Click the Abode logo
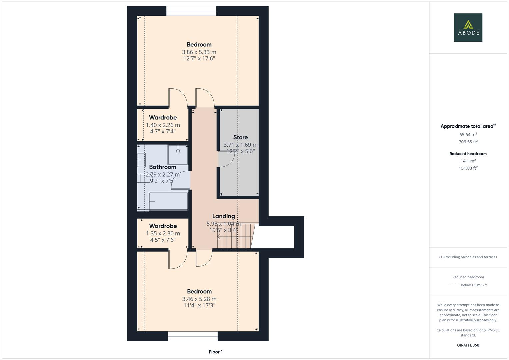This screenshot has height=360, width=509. tap(468, 27)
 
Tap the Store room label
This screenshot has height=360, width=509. tap(240, 137)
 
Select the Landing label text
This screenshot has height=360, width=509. tap(223, 216)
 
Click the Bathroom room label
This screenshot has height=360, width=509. tap(162, 167)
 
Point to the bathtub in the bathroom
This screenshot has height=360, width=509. tap(168, 201)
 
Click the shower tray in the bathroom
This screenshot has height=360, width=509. tap(178, 154)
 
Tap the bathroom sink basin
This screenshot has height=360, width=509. tap(141, 160)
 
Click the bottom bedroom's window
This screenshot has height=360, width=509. tap(193, 336)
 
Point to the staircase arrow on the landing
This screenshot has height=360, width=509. tap(219, 237)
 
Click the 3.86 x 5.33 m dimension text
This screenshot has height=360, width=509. tap(199, 52)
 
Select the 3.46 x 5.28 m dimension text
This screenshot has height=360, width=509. tap(199, 299)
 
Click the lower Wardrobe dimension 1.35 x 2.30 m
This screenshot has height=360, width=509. tap(163, 233)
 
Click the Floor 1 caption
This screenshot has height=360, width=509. tap(216, 352)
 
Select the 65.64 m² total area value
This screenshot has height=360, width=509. tap(468, 135)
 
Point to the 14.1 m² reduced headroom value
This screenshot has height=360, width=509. tap(468, 161)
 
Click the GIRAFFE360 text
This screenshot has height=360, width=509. tap(468, 345)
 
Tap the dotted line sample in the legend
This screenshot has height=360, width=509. tap(454, 285)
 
